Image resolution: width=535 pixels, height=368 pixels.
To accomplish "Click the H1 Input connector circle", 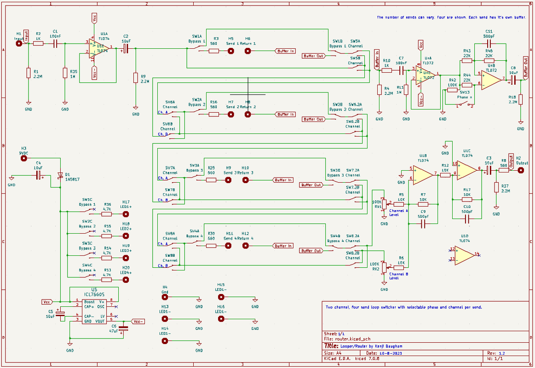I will click(19, 44).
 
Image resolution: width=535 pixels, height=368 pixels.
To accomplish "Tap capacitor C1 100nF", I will click(55, 44).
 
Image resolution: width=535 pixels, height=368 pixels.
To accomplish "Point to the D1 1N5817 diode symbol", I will click(60, 175).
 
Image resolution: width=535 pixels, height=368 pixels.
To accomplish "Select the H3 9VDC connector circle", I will click(24, 158).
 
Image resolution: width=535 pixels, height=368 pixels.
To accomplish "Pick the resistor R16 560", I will click(213, 114).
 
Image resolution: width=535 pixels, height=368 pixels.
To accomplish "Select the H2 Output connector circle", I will click(521, 170).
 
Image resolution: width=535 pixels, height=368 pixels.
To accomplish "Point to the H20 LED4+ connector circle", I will click(126, 279).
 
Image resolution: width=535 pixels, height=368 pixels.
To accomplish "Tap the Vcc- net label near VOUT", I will click(138, 321).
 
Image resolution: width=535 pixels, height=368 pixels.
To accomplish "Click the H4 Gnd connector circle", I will click(165, 298).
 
